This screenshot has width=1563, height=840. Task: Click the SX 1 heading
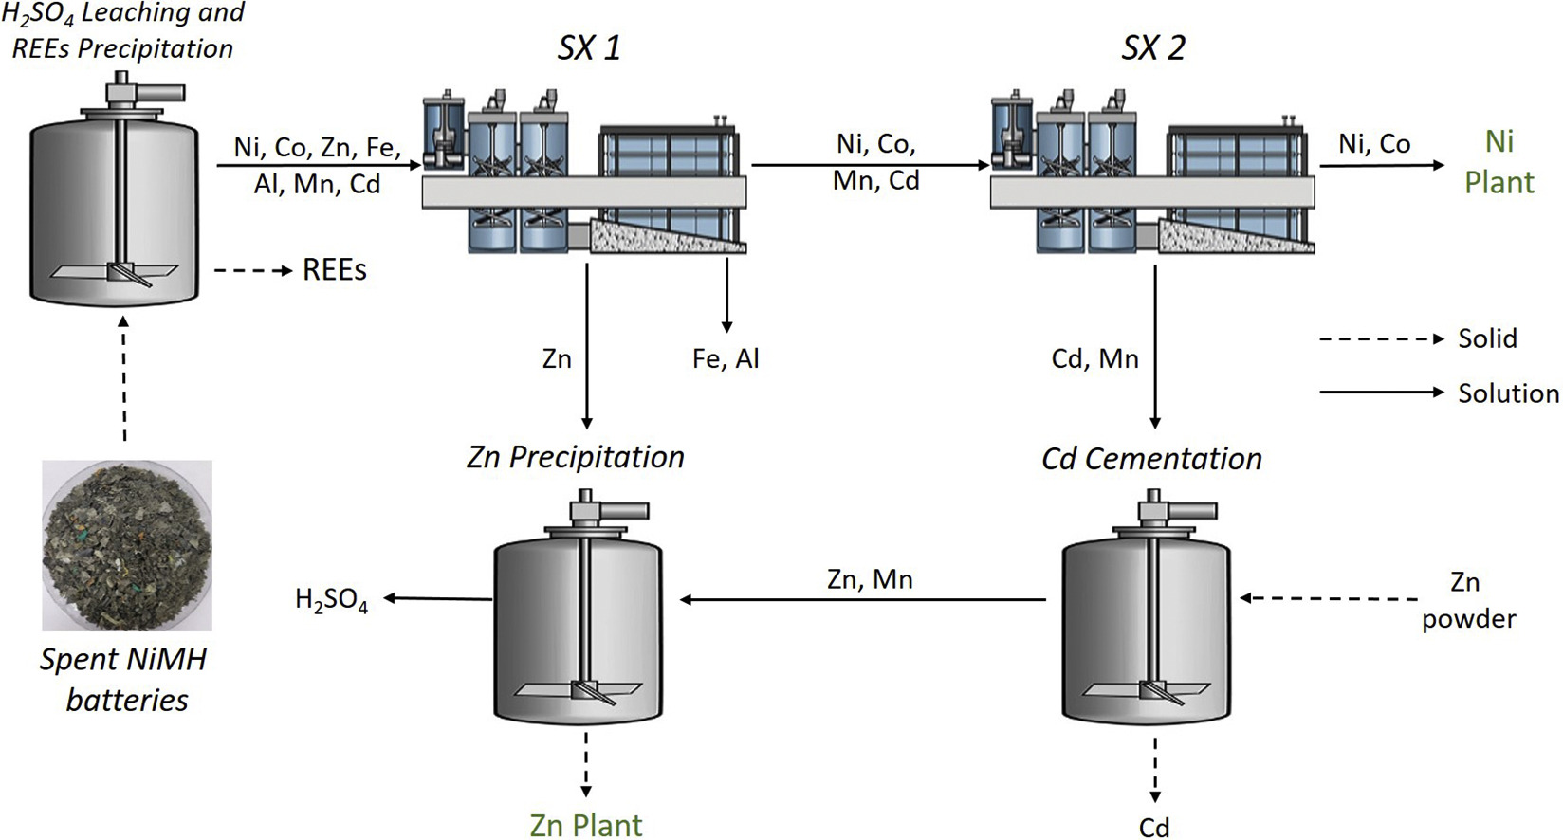pos(588,49)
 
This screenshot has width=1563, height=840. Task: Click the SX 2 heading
pos(1152,49)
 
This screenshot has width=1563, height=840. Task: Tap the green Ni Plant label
pos(1499,162)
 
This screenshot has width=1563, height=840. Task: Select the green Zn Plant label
pos(586,825)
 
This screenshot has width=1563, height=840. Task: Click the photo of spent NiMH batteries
pos(127,545)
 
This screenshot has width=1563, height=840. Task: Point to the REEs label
pos(334,271)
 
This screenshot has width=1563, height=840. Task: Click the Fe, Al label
pos(725,358)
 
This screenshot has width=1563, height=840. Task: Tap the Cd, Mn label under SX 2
pos(1094,358)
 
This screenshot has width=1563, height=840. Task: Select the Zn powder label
pos(1469,601)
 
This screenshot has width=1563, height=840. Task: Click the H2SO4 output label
pos(331,601)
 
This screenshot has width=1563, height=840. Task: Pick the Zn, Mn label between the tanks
pos(870,579)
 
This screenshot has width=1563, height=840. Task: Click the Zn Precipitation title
pos(576,458)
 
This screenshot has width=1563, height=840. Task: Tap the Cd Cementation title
pos(1152,459)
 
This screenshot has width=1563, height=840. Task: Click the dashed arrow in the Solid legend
pos(1382,339)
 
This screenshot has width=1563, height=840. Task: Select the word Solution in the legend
pos(1509,393)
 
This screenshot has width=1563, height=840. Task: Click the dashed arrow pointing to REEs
pos(253,271)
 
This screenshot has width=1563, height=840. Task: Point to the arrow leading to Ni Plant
pos(1382,165)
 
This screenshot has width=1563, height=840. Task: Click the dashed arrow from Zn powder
pos(1329,598)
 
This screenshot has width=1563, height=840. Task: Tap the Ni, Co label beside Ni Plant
pos(1374,144)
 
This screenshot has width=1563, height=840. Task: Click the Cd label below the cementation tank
pos(1154,827)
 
